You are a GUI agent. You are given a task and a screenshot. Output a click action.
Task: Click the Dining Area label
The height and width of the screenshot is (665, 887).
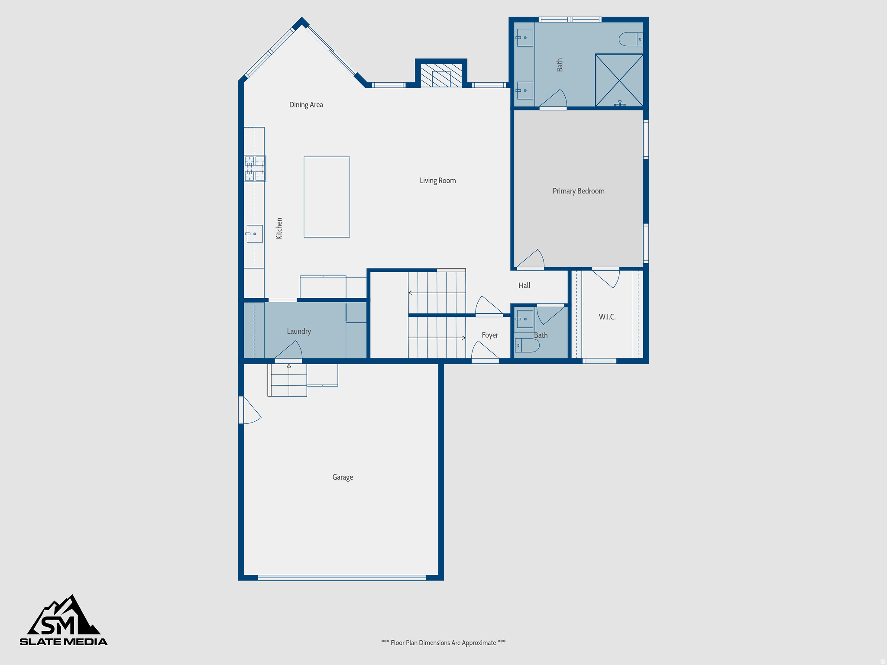pos(306,105)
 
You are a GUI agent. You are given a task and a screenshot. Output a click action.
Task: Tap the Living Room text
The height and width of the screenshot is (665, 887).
pos(437,181)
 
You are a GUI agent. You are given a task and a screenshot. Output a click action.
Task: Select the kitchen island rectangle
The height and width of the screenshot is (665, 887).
pos(327,197)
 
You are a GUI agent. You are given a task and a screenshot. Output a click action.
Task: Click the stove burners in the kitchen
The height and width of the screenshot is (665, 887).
pos(255,168)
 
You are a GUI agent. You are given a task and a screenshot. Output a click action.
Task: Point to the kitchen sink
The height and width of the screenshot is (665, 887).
pos(255,234)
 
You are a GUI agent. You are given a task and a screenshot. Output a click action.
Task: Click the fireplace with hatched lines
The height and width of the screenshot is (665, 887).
pos(441,76)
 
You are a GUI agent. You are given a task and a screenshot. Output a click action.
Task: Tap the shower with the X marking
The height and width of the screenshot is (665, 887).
pos(619,80)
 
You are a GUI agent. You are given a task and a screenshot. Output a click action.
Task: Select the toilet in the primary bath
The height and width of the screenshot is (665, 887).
pos(630,39)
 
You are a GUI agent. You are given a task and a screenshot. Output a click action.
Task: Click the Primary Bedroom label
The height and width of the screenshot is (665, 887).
pos(578,191)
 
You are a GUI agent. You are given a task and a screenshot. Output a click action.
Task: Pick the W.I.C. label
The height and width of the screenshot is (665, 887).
pos(607,317)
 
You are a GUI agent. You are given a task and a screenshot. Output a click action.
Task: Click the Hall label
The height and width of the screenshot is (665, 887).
pos(524,286)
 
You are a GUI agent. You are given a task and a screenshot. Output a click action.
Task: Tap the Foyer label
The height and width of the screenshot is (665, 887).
pos(490,335)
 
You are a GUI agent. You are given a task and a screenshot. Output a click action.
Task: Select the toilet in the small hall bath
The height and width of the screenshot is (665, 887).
pos(528,345)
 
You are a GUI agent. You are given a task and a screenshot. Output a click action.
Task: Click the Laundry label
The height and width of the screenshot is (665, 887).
pos(299,331)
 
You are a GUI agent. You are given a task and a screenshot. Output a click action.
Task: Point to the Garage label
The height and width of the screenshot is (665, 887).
pos(343,477)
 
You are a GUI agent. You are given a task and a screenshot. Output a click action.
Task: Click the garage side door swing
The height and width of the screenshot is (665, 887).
pos(250,410)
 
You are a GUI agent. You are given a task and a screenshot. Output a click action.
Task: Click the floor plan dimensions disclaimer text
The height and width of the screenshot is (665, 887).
pos(443,642)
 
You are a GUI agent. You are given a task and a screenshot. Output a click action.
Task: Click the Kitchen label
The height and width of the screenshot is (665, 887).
pos(279,229)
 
